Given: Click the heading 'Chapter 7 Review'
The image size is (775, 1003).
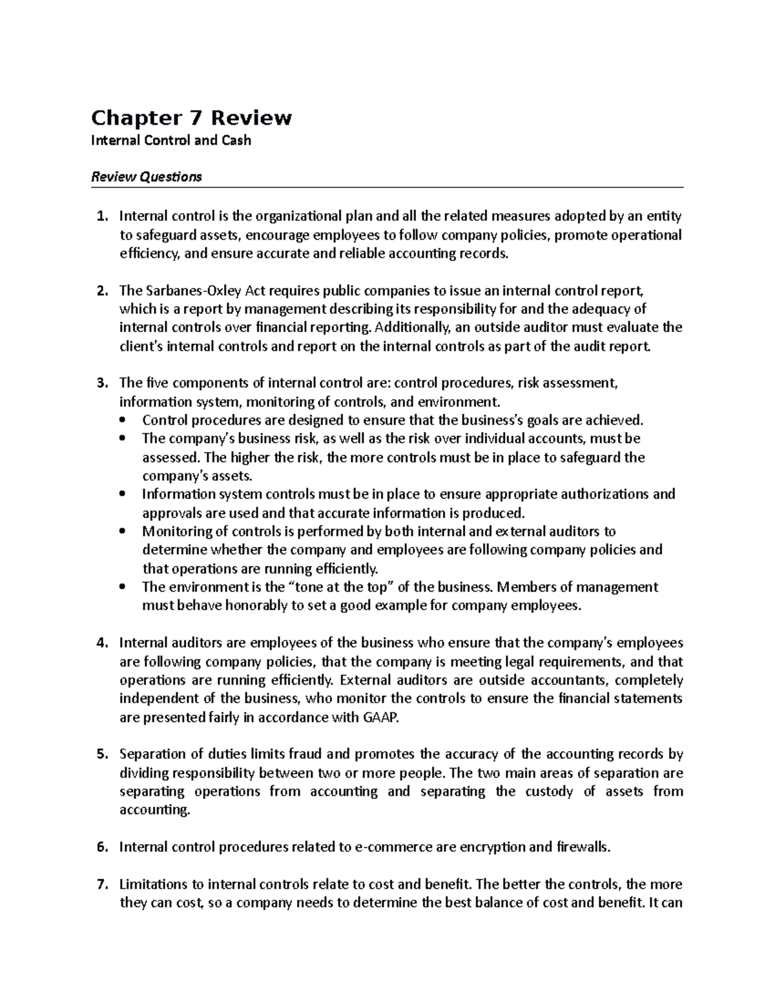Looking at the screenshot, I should click(191, 118).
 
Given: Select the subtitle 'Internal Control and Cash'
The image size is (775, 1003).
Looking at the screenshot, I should click(171, 140).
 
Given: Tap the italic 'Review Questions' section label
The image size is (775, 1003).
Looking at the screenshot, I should click(147, 176).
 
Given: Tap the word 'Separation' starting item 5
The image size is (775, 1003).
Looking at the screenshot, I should click(152, 754).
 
